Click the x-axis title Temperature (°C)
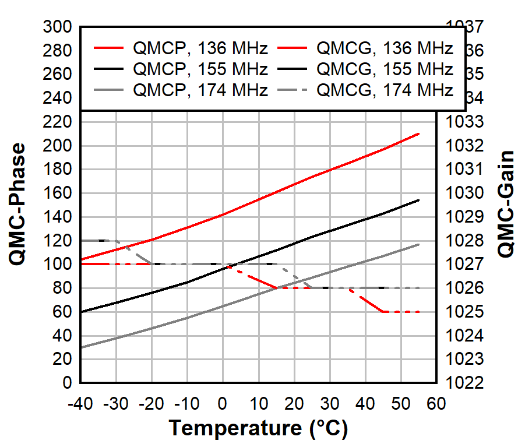pos(258,429)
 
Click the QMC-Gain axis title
pos(506,205)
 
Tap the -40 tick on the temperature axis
pos(80,404)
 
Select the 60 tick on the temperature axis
pos(436,404)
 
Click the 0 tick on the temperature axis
pos(223,404)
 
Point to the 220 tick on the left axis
pos(60,122)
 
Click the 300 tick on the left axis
pos(60,27)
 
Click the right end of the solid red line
pos(418,133)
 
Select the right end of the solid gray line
pos(418,244)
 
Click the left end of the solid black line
pos(81,312)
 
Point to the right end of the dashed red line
pos(418,312)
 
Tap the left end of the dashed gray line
pos(81,240)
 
